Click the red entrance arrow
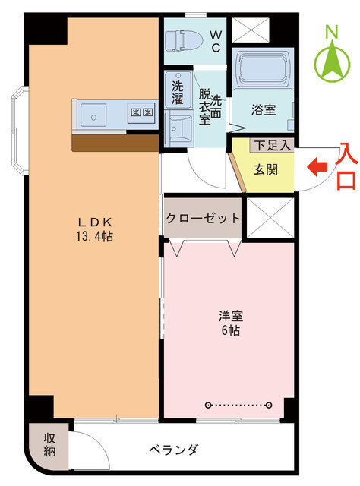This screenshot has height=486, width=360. click(317, 164)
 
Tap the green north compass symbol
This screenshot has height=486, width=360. click(332, 55)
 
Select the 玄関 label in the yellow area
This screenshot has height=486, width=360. click(265, 169)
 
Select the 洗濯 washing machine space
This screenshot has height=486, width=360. click(177, 89)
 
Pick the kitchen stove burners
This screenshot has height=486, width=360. click(142, 113)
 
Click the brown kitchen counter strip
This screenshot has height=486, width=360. click(115, 142)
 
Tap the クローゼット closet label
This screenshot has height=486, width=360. click(203, 218)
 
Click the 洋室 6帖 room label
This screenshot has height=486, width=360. click(229, 323)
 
